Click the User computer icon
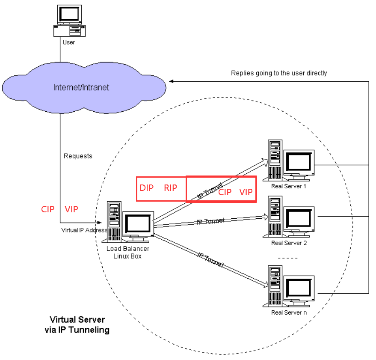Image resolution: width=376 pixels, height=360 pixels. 68,21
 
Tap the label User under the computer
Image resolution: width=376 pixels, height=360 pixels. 68,42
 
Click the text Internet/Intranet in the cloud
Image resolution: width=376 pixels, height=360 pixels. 81,87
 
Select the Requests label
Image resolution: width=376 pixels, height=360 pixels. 78,156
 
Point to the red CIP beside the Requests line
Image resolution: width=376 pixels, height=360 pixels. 48,209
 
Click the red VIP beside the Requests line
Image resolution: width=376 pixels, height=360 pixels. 71,209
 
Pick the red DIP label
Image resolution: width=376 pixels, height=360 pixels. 147,188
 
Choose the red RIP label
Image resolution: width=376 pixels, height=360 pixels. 170,188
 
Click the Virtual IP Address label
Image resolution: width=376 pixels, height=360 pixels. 84,230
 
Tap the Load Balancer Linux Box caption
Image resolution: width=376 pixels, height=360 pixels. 127,252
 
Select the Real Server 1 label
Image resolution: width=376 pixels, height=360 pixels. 289,186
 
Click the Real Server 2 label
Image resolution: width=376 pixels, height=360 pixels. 289,243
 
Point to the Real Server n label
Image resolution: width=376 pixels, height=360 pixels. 289,312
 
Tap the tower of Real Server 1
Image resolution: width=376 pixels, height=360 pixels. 275,159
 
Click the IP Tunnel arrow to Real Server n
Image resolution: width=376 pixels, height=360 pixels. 210,260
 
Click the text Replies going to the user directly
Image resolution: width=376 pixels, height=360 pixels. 279,73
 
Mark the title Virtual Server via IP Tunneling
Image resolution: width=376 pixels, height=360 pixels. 77,325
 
